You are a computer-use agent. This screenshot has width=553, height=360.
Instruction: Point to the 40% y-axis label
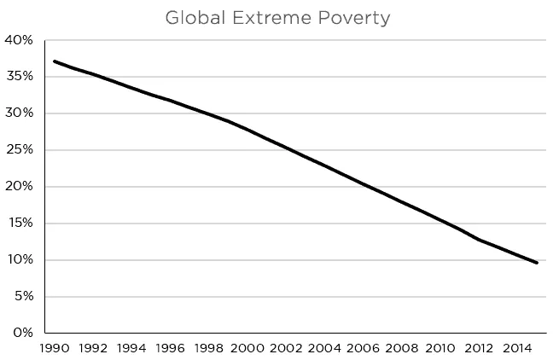pos(19,40)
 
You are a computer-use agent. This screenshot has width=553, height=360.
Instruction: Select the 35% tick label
pos(19,77)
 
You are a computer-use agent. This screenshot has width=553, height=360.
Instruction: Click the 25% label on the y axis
pos(19,150)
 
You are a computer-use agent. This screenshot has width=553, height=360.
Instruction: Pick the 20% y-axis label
pos(19,187)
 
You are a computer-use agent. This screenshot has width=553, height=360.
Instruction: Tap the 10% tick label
pos(19,260)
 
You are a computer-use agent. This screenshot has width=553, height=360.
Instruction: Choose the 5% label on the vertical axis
pos(21,297)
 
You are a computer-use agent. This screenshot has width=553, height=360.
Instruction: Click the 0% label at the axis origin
pos(21,333)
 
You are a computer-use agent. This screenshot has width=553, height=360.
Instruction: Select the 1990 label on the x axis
pos(54,348)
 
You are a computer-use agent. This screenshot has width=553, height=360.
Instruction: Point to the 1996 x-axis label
pos(170,348)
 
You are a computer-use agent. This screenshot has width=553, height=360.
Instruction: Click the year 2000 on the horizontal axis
pos(247,348)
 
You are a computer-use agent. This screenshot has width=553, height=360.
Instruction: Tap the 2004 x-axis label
pos(324,348)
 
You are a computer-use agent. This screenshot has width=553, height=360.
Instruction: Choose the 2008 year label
pos(402,348)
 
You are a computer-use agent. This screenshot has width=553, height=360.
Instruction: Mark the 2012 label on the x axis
pos(479,348)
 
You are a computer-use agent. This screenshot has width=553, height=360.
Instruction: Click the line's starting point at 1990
pos(54,61)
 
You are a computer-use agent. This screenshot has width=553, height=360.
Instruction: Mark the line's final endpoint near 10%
pos(537,263)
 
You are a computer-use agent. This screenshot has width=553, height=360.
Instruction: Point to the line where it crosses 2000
pos(247,130)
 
